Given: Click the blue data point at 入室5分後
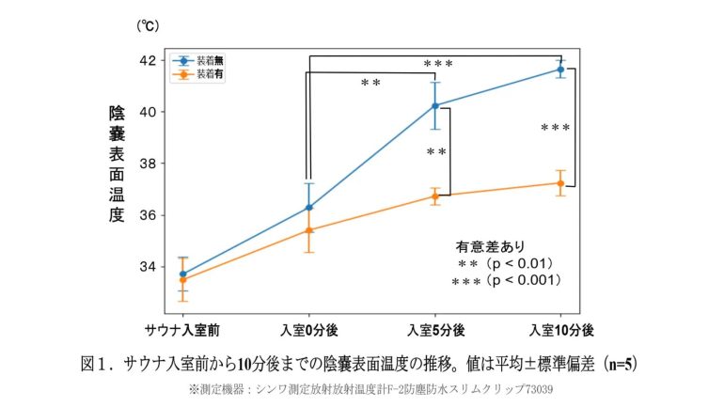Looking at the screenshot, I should pyautogui.click(x=434, y=105).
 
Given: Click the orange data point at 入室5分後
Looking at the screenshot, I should pyautogui.click(x=434, y=196).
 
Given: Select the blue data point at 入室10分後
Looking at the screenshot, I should pyautogui.click(x=560, y=70).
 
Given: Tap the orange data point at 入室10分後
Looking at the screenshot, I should pyautogui.click(x=560, y=183).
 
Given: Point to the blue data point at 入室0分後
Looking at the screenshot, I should pyautogui.click(x=308, y=207).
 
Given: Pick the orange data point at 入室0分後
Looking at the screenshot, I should pyautogui.click(x=308, y=230).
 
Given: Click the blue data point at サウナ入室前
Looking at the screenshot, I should pyautogui.click(x=182, y=274).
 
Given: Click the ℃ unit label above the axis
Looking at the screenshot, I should pyautogui.click(x=149, y=26).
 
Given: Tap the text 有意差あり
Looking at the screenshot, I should pyautogui.click(x=484, y=247).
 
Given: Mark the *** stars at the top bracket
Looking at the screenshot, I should pyautogui.click(x=438, y=64).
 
